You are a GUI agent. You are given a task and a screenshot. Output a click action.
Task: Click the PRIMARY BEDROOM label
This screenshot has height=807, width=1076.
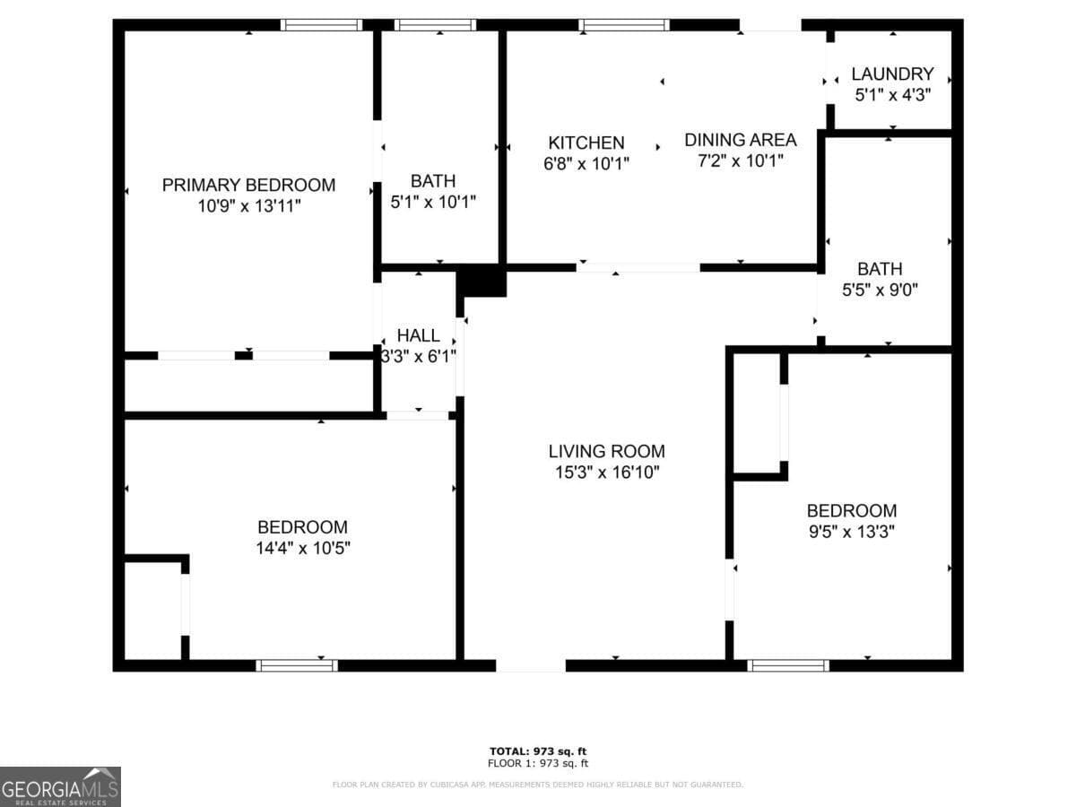coord(248,186)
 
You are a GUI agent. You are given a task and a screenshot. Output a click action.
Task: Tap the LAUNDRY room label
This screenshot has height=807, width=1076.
coord(892,74)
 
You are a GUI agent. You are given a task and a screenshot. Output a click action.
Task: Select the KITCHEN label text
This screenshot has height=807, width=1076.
coord(586,143)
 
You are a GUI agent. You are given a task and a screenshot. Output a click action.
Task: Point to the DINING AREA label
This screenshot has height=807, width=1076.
coord(740,140)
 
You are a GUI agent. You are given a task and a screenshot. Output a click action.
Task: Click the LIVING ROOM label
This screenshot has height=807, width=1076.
coord(607,451)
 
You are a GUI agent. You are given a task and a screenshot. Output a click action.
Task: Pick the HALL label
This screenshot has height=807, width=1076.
coord(419,335)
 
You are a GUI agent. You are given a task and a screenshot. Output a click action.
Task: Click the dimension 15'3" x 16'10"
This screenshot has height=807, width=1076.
coord(607,473)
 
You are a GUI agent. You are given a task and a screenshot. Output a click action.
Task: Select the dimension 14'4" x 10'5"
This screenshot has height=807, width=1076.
coord(303,548)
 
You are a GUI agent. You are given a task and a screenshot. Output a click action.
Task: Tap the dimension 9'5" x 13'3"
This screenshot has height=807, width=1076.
coord(851,531)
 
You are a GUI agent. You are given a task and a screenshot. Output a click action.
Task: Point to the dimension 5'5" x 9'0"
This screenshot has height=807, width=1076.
coord(880,290)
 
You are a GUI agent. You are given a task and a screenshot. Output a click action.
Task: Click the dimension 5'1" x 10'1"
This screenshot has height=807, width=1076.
coord(433,202)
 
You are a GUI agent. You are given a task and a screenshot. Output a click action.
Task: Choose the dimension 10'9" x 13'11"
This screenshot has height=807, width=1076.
coord(248,206)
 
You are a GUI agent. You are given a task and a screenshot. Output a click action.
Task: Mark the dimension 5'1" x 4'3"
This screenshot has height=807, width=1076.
coord(892,94)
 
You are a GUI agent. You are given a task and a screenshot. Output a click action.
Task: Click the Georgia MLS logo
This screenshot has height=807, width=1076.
coord(60,786)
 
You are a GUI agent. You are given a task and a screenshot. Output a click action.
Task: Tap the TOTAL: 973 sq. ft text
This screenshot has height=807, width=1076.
coord(538,751)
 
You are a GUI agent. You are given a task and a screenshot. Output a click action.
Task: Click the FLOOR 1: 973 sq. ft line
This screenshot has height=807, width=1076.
coord(538,764)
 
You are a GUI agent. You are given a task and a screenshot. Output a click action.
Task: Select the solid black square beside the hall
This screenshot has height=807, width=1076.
coord(482,280)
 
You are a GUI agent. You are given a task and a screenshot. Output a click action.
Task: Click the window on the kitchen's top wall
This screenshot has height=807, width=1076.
coord(623,25)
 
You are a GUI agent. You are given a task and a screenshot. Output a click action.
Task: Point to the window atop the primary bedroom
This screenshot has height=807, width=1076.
coord(321,25)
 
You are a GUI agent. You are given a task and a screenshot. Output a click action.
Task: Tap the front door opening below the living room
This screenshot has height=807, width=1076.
coord(531,665)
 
